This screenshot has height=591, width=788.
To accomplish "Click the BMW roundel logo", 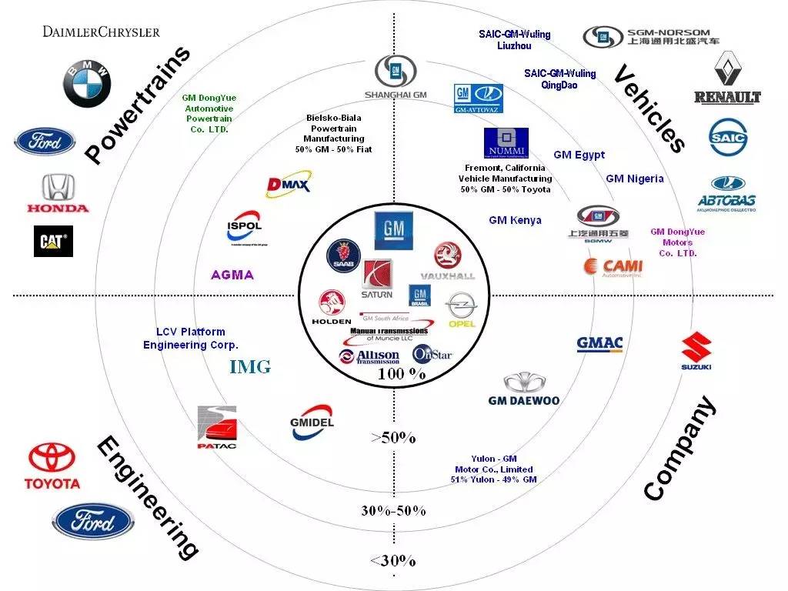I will click(87, 84).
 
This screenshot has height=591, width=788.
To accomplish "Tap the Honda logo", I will click(58, 192).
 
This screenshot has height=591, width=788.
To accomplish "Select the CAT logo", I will click(53, 241).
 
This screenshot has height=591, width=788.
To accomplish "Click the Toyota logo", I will click(52, 466).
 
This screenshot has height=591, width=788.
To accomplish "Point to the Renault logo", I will click(727, 78).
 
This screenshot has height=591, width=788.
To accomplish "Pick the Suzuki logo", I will click(696, 351).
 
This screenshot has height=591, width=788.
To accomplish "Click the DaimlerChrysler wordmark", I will click(101, 32).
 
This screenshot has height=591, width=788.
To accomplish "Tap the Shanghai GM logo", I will click(396, 78).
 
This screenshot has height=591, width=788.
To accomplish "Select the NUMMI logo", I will click(506, 143).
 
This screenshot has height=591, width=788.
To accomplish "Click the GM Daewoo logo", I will click(524, 389).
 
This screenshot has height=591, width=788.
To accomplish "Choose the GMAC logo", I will click(599, 344).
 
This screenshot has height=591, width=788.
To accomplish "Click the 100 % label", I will click(402, 374).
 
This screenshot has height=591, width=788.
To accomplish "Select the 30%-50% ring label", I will click(393, 511).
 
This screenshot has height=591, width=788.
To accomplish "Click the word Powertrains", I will click(137, 105).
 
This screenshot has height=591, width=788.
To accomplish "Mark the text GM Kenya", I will click(515, 220).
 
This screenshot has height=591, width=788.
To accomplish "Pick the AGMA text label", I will click(232, 275).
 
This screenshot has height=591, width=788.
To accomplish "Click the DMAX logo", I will click(287, 185).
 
